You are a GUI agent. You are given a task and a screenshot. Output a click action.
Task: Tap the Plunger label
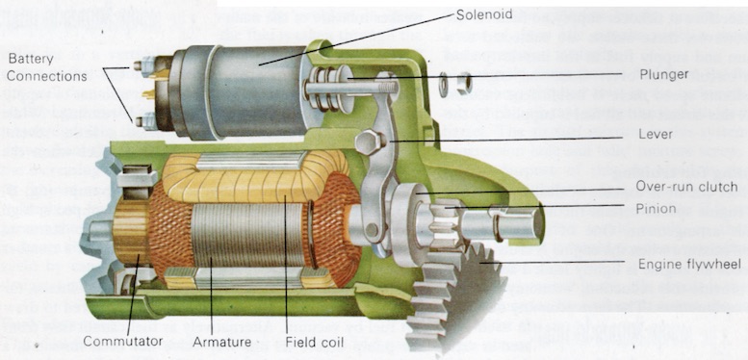point(663,73)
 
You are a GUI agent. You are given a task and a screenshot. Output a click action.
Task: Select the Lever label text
point(655,135)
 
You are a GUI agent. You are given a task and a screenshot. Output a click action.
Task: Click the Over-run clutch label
point(687,187)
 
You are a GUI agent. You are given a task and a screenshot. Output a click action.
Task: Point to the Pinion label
point(656,207)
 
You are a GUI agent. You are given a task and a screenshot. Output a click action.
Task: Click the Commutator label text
point(121,341)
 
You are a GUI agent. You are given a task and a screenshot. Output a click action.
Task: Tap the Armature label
point(220,341)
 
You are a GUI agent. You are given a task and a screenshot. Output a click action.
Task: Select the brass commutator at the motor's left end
point(130,241)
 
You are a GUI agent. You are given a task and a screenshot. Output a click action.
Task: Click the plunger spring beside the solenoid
point(329,87)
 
